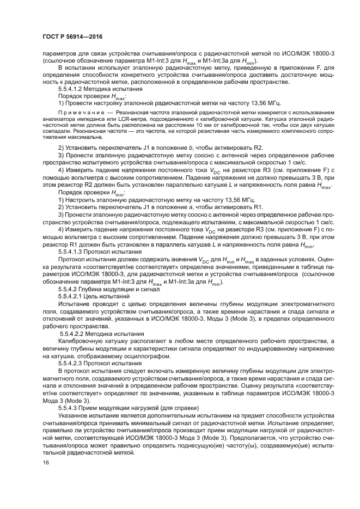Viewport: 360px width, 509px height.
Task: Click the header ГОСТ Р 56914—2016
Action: tap(72, 36)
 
